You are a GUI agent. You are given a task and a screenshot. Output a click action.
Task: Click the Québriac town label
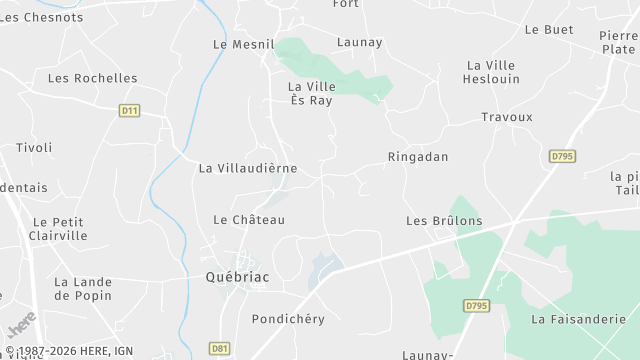click(x=237, y=277)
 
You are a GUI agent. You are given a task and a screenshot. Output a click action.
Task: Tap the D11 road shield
click(x=128, y=110)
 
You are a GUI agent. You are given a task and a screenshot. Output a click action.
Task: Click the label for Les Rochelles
click(x=93, y=78)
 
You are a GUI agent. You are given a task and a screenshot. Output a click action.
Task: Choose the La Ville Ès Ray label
click(x=310, y=93)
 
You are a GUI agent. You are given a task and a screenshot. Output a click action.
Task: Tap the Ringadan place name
click(x=418, y=157)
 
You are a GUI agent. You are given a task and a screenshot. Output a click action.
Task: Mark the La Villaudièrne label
click(x=248, y=168)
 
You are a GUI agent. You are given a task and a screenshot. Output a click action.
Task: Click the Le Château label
click(x=249, y=219)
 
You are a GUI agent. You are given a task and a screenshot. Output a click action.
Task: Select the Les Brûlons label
click(x=444, y=220)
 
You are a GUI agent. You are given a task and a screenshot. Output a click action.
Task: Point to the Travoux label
click(x=507, y=117)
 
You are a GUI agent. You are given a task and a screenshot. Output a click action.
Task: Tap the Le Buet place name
click(x=549, y=30)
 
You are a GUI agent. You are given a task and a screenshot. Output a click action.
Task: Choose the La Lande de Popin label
click(x=83, y=289)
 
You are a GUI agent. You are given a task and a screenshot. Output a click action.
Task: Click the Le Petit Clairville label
click(x=60, y=229)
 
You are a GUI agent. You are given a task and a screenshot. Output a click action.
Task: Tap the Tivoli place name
click(x=33, y=147)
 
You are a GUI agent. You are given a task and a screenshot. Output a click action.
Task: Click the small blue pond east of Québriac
click(x=324, y=267)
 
